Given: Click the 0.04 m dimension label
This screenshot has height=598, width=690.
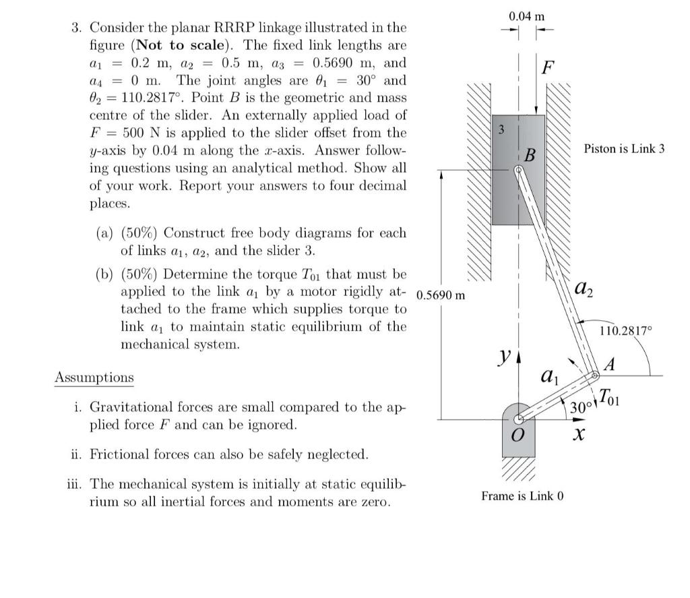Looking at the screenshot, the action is [527, 16].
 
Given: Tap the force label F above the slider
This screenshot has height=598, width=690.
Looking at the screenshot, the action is [548, 67].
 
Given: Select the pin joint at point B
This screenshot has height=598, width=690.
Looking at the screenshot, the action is [517, 170].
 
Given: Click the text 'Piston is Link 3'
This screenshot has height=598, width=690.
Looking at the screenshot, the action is [624, 148].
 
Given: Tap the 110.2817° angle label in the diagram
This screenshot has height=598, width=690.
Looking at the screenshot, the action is [626, 330].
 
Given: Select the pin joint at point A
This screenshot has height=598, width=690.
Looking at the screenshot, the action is [596, 376].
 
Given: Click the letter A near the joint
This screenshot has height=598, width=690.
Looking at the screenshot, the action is [610, 365].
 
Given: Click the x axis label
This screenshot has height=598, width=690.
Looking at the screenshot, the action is [576, 436].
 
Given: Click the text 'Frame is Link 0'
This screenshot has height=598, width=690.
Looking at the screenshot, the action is [522, 496].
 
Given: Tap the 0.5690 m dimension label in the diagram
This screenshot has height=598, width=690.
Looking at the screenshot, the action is [441, 295].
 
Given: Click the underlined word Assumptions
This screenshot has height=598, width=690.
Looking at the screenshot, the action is [94, 378].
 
